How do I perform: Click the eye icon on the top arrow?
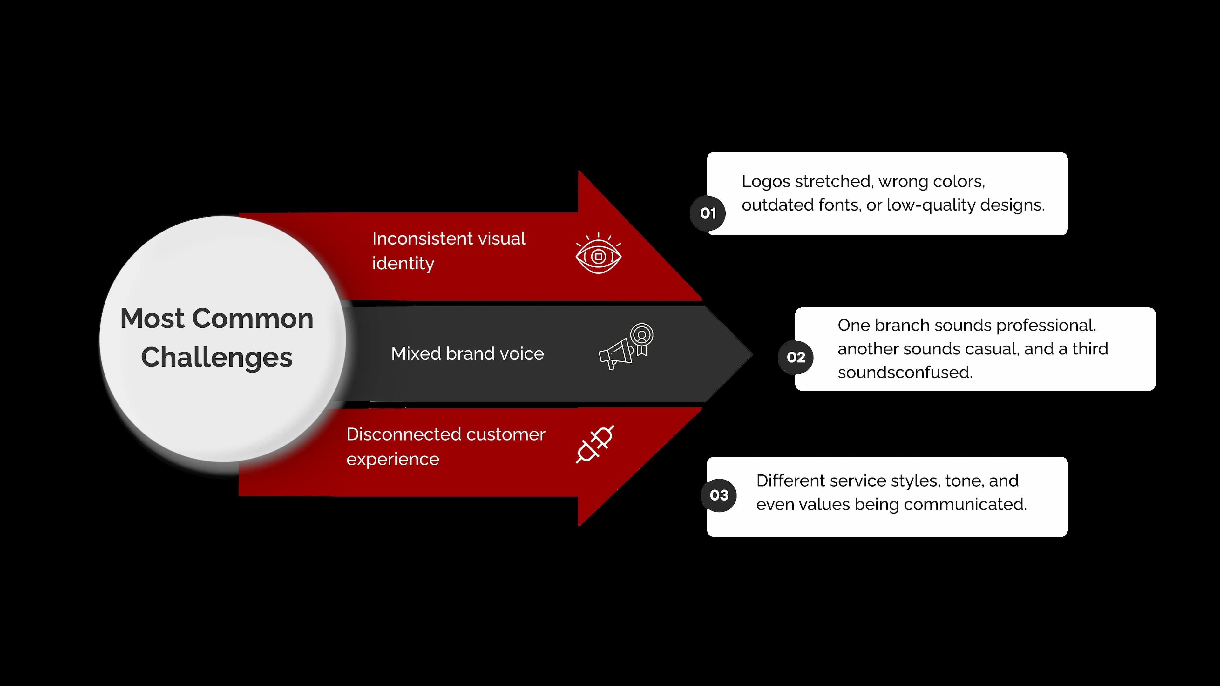598,254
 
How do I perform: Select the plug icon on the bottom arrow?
595,444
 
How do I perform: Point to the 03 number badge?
719,495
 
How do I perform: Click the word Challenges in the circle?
216,357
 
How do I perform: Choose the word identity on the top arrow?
403,264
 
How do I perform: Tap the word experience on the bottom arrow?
393,459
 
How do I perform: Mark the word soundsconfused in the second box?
905,373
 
